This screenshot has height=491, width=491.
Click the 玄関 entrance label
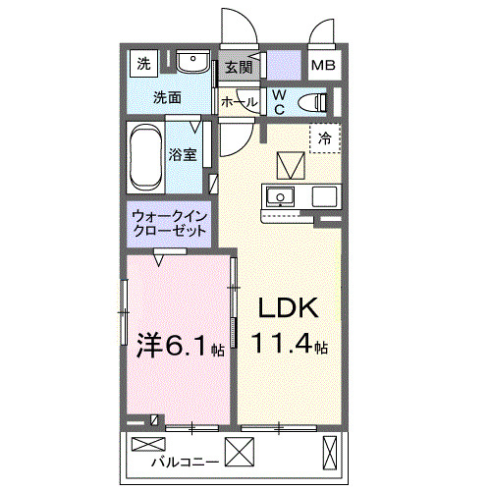238,68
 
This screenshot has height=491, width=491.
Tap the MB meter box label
322,67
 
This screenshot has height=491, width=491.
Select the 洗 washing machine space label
143,66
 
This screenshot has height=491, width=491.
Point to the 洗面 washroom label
168,98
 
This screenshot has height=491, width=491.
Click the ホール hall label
240,102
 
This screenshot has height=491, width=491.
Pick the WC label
278,100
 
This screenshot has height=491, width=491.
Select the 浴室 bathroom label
183,154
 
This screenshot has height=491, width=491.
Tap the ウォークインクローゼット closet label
168,223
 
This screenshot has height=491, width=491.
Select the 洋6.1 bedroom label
175,346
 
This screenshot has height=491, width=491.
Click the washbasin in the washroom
192,64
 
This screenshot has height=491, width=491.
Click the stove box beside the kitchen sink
323,196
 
